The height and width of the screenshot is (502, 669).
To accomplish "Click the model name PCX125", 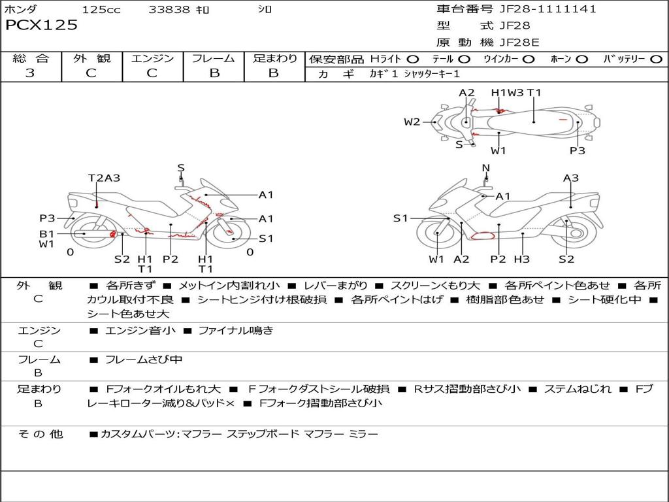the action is tap(41, 25).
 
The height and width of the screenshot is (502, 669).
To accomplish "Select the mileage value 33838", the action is tap(169, 10).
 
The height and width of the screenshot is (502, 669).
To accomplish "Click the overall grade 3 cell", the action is tap(30, 73).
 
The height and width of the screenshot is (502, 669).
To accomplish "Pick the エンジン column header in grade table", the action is tap(152, 59).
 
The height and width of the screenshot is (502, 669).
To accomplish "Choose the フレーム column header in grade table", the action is tap(214, 59).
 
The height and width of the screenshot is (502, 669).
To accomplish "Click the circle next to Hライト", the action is tap(413, 59).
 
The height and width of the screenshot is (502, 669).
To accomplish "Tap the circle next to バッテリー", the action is tap(656, 59).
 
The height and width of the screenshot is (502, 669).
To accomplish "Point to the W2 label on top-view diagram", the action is tap(412, 122).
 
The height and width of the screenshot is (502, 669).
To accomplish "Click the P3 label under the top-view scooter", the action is tap(577, 150).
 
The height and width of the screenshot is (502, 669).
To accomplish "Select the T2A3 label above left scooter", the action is tap(105, 178).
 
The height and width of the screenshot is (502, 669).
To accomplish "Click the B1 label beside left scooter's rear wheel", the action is tap(46, 233).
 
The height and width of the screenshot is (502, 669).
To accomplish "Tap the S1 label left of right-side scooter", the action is tap(400, 218).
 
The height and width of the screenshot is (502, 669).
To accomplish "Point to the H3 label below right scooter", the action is tap(521, 259).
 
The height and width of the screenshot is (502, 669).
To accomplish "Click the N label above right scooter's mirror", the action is tap(485, 168).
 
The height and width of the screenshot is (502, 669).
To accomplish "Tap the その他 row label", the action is tap(39, 433).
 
